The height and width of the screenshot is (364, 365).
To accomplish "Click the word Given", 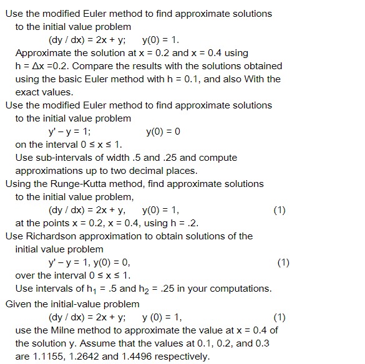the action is point(18,304).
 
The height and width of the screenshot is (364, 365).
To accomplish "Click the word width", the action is point(114,157).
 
